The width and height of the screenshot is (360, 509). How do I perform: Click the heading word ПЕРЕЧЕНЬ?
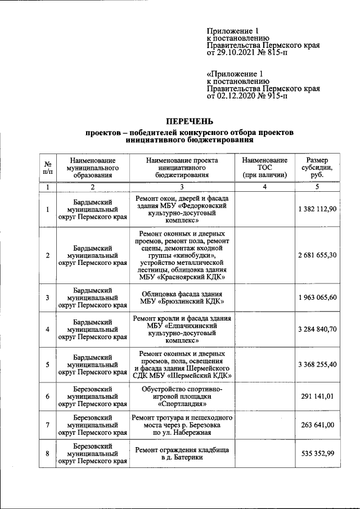point(189,121)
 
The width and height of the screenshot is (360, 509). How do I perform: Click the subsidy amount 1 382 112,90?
point(317,209)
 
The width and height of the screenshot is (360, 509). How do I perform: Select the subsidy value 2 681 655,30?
point(317,255)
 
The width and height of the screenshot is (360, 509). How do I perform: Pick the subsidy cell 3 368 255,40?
point(317,364)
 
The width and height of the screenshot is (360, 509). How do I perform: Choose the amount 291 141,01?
point(317,397)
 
